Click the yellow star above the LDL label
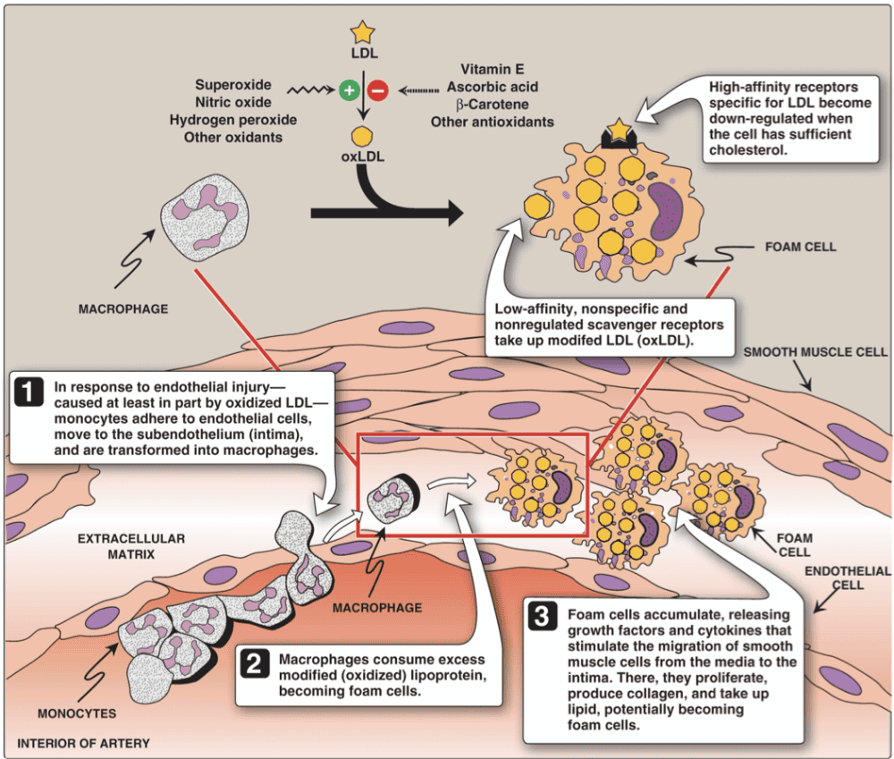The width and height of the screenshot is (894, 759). (362, 33)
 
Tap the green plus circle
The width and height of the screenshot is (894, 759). (349, 89)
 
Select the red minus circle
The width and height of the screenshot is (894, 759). (377, 89)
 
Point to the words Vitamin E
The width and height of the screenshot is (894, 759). (492, 69)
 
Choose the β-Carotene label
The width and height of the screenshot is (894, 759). (490, 104)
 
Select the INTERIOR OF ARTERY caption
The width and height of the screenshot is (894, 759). (83, 743)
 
